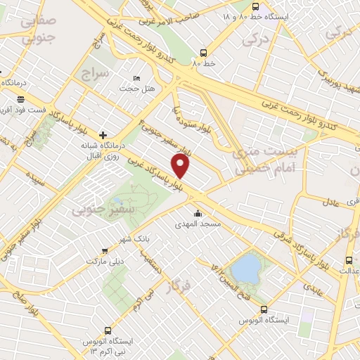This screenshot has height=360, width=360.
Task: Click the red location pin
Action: click(181, 166)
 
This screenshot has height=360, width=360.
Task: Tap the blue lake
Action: click(246, 267)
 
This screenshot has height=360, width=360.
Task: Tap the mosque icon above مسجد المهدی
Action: click(198, 213)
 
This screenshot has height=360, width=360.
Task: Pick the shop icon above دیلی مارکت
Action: click(105, 250)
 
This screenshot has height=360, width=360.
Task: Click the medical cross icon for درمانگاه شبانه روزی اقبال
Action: click(103, 134)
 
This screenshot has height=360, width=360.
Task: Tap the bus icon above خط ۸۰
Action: click(203, 52)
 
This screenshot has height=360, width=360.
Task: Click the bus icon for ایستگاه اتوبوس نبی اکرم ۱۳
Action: click(108, 330)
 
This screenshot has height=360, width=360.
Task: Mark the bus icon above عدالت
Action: click(347, 259)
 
